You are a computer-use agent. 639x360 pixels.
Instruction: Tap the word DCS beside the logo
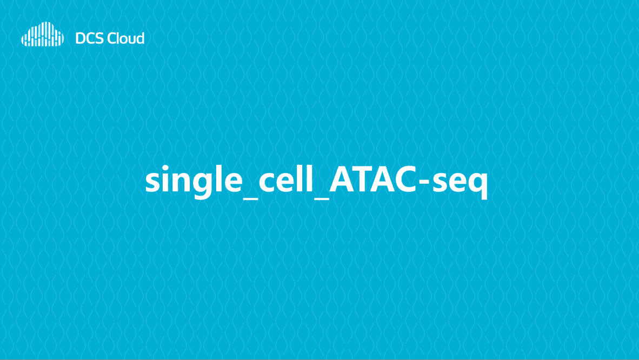tap(88, 38)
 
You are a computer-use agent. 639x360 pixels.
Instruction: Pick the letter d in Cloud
tap(139, 38)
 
